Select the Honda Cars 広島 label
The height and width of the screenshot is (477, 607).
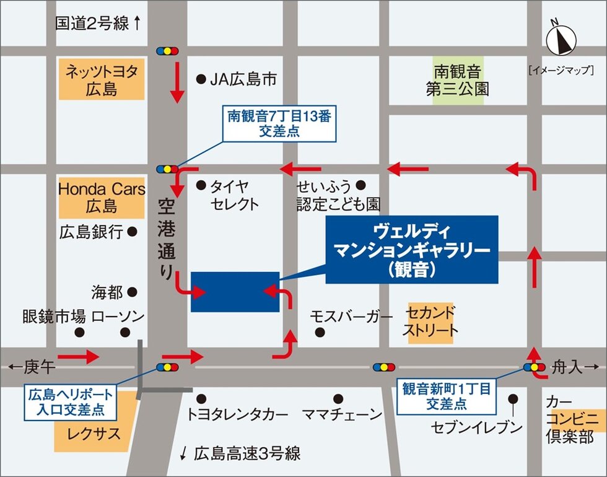(x=102, y=196)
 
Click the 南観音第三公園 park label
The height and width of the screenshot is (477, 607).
(x=457, y=81)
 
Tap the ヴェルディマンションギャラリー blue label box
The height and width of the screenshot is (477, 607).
(x=411, y=250)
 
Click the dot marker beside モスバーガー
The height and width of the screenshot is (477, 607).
(x=320, y=332)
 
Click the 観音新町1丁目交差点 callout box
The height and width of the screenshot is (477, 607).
(x=446, y=396)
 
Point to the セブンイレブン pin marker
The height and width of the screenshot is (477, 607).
(x=513, y=400)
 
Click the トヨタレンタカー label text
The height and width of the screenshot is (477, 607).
(x=237, y=414)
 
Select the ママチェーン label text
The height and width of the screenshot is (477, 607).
(x=343, y=414)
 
